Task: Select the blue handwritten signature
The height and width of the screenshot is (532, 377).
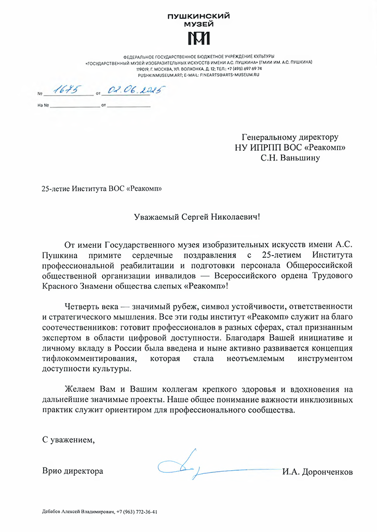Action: [x=187, y=464]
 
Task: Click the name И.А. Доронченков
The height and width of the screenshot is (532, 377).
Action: [x=317, y=472]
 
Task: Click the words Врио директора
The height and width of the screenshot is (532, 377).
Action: [x=72, y=471]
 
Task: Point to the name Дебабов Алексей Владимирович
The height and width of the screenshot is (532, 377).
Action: [x=77, y=511]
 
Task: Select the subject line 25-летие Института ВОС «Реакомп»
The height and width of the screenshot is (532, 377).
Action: [x=98, y=189]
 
